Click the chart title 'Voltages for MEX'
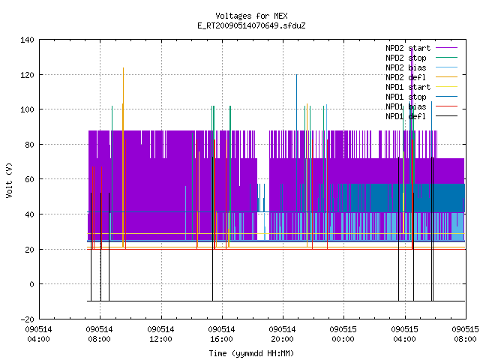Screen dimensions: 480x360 pyautogui.click(x=251, y=16)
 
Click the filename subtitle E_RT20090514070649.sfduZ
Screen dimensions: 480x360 pyautogui.click(x=251, y=25)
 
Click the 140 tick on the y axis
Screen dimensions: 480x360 pyautogui.click(x=27, y=40)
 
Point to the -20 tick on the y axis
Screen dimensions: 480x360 pyautogui.click(x=27, y=319)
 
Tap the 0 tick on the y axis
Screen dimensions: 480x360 pyautogui.click(x=31, y=284)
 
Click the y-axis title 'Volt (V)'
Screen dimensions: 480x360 pyautogui.click(x=9, y=180)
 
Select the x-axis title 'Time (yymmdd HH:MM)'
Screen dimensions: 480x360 pyautogui.click(x=251, y=353)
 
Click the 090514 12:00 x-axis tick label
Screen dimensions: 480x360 pyautogui.click(x=160, y=334)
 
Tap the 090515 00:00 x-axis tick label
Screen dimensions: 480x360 pyautogui.click(x=343, y=334)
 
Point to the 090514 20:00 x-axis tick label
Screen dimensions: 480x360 pyautogui.click(x=282, y=334)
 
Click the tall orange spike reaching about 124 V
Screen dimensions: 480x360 pyautogui.click(x=123, y=157)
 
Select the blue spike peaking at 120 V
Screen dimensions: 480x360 pyautogui.click(x=297, y=143)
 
